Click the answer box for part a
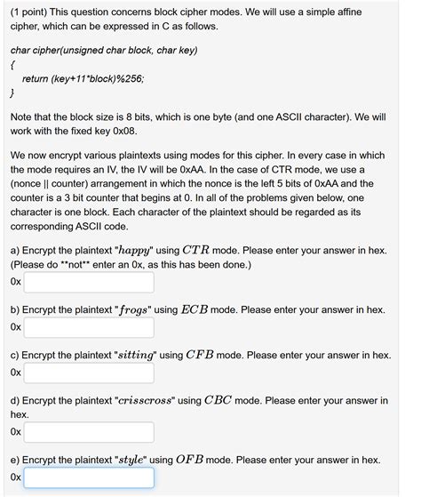(89, 283)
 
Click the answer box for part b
(89, 328)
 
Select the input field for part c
(89, 373)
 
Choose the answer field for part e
(89, 478)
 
